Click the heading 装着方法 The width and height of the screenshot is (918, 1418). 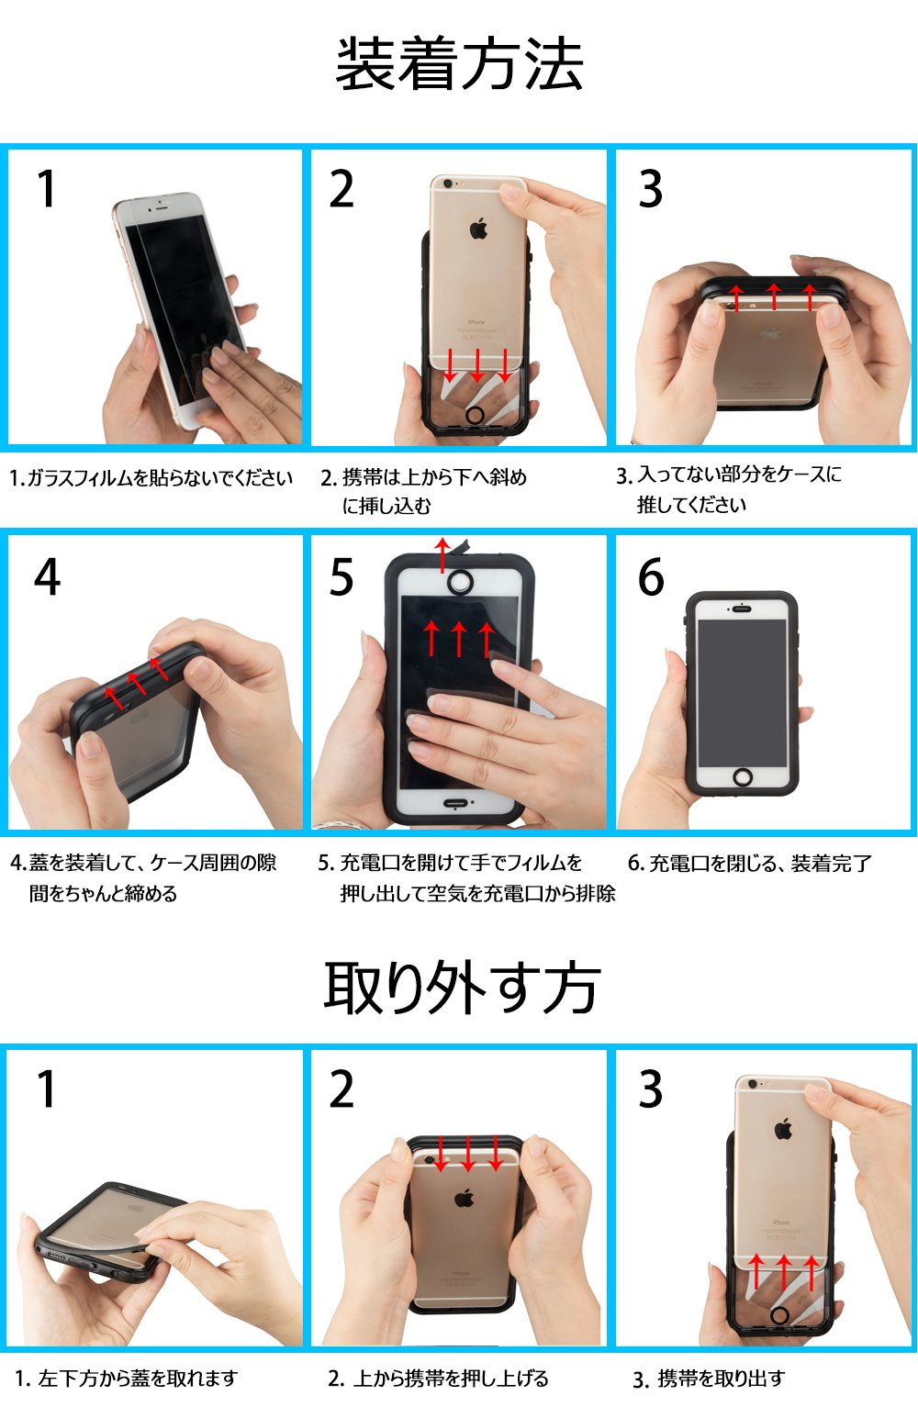(458, 63)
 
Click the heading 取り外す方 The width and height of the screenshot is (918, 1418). (460, 988)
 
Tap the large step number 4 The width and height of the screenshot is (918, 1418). (47, 576)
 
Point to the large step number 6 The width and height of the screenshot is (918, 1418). (651, 576)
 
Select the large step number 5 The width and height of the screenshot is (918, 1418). (341, 576)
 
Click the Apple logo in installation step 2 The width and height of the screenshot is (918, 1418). (478, 229)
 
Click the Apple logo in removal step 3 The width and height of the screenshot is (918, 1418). (783, 1129)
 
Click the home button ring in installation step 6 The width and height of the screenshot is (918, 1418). (742, 776)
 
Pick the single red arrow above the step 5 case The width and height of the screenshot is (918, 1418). (442, 555)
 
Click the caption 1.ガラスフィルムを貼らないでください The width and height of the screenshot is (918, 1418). (151, 478)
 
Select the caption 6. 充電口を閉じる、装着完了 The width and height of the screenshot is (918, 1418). (750, 863)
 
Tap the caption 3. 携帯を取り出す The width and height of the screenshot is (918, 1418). (709, 1379)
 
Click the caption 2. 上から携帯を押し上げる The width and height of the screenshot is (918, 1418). (438, 1379)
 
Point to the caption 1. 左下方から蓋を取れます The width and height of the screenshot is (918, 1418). (127, 1379)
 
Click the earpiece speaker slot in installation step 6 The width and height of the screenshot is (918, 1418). (742, 609)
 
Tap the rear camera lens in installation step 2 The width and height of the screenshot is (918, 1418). (448, 184)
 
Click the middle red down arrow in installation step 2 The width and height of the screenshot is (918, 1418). (477, 365)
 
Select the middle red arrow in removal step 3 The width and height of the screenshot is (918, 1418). (783, 1272)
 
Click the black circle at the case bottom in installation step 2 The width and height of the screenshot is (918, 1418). (475, 415)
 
